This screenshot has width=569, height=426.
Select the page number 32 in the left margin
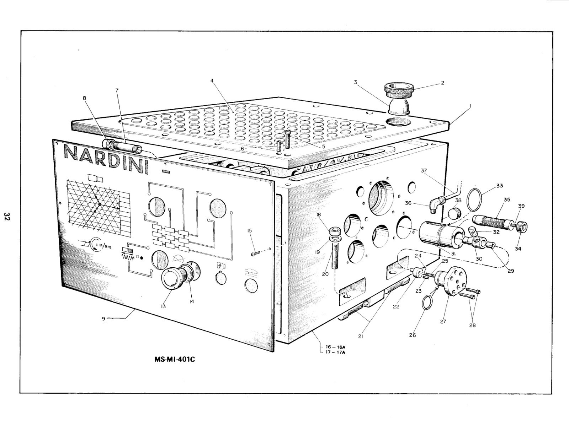tap(7, 216)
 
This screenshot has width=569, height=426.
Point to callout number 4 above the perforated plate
tap(212, 81)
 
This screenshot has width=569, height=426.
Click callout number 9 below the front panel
tap(103, 319)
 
